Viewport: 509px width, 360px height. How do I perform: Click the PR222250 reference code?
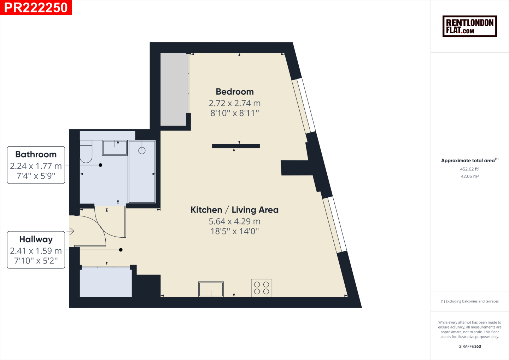(36, 7)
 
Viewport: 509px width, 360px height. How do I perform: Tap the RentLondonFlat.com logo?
(470, 26)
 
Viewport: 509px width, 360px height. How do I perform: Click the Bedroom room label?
(235, 92)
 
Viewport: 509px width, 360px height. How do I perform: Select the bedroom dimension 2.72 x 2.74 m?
(235, 103)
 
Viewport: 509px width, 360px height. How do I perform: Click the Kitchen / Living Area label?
(234, 210)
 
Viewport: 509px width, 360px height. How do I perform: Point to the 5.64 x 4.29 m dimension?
(234, 221)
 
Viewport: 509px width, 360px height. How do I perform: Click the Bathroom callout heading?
(36, 155)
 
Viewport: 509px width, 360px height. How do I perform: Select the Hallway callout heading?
(36, 239)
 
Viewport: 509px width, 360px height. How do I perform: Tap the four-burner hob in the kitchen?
(262, 288)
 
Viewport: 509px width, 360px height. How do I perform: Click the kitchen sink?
(211, 289)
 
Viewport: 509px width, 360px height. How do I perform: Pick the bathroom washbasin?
(115, 148)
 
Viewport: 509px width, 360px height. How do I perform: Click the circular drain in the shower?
(142, 150)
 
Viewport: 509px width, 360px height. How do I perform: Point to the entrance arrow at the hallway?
(70, 231)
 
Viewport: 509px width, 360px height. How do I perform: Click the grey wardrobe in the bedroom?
(174, 89)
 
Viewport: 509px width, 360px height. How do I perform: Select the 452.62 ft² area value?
(470, 169)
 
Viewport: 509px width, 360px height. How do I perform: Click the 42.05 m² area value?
(470, 176)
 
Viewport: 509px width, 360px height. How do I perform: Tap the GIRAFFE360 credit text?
(470, 346)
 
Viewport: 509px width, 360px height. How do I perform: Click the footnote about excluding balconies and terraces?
(470, 301)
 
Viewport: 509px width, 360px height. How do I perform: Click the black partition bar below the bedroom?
(236, 146)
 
